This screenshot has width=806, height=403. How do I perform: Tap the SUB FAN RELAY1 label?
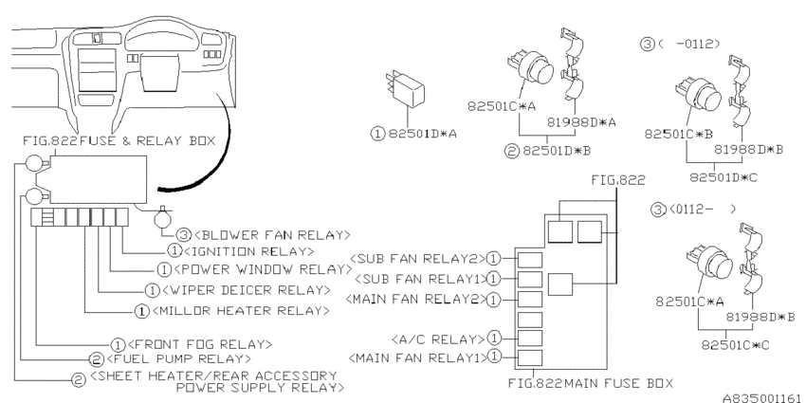415,279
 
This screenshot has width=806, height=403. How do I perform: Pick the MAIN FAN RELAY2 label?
413,300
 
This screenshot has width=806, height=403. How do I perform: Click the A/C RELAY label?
435,338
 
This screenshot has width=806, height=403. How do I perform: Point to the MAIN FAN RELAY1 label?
413,357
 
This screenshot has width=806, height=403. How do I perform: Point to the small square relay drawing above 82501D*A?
405,91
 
